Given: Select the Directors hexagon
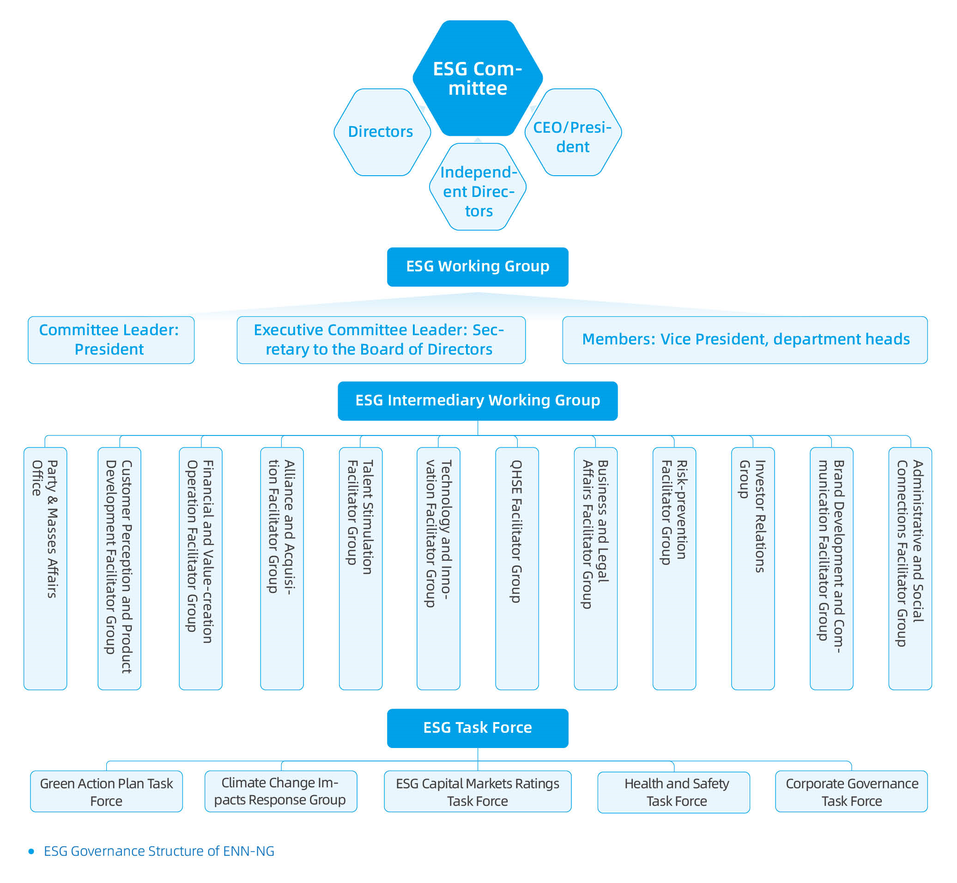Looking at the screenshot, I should click(x=382, y=132).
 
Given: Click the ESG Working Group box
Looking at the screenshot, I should click(x=477, y=267).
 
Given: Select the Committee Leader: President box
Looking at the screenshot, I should click(x=111, y=340).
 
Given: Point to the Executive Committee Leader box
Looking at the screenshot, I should click(x=381, y=340).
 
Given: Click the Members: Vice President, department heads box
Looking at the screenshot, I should click(x=745, y=340).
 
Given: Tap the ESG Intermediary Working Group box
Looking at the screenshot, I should click(x=477, y=400).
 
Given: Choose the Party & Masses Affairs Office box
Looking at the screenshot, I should click(x=45, y=568).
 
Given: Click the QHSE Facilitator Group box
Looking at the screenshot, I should click(x=517, y=568).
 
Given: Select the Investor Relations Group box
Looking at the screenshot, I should click(x=753, y=568).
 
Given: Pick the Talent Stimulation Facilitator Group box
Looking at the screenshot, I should click(x=360, y=568).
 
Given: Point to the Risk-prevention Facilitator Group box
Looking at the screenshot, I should click(x=674, y=568).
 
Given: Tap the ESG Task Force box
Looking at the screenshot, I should click(x=477, y=728).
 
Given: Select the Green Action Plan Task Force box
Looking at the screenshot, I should click(x=106, y=792).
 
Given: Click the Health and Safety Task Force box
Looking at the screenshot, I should click(x=673, y=793).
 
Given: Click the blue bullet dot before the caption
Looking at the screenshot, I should click(x=31, y=851).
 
